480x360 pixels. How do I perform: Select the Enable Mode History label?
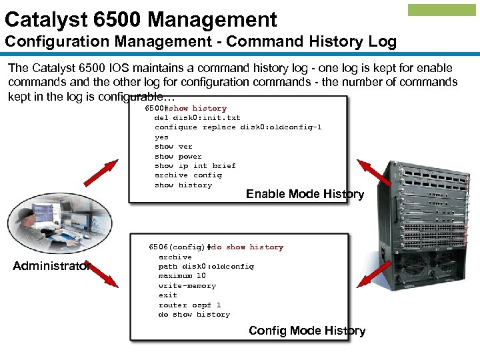pos(305,194)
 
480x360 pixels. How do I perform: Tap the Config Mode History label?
pos(307,331)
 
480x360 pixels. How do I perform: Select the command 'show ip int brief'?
pos(195,165)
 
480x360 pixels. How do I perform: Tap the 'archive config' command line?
pos(188,175)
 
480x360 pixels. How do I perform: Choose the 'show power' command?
pos(178,156)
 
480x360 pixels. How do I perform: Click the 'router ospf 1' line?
pos(189,305)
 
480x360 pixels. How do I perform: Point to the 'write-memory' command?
pos(187,285)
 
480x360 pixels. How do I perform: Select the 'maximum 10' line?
pos(182,275)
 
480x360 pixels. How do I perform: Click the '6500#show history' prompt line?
pos(186,108)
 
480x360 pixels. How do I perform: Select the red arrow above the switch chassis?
pos(374,171)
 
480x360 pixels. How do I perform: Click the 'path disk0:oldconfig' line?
pos(206,266)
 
